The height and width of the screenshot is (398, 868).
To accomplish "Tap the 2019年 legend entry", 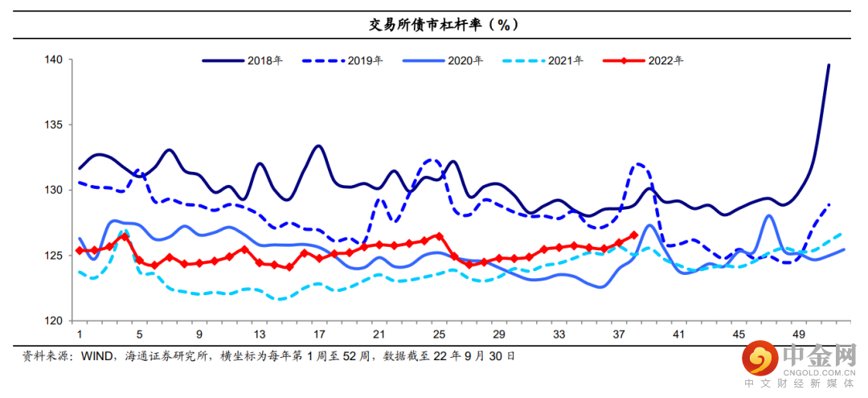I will point(365,60).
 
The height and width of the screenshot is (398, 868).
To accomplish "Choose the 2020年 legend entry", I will point(465,60).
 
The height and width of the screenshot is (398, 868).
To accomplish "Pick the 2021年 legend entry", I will point(566,60).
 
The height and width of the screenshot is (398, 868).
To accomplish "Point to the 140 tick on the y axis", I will point(55,59).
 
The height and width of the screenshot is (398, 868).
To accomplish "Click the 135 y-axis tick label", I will point(55,125).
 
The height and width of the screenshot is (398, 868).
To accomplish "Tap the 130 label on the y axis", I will point(55,191).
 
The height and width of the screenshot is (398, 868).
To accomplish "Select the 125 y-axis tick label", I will point(55,256).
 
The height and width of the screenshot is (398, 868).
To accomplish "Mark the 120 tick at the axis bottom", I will point(55,321).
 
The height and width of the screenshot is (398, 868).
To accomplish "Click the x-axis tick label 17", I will point(319,334).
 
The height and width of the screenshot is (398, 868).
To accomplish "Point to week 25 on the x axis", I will point(439,334).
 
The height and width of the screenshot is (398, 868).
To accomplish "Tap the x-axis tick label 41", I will point(678,334).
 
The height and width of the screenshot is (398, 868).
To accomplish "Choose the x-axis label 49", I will point(799,334).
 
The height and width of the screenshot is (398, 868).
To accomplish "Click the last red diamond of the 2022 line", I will point(634,236).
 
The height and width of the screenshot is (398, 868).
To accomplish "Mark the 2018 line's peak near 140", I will point(829,65).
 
